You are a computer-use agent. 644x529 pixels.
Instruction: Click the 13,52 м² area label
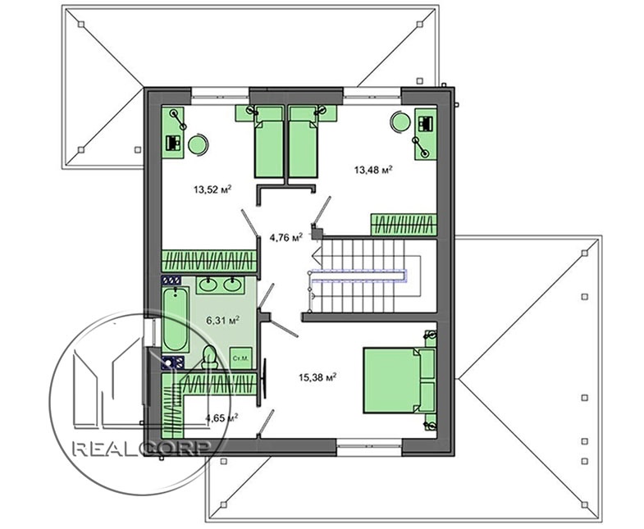[x=212, y=189]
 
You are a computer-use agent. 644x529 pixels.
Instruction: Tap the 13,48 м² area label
[x=373, y=169]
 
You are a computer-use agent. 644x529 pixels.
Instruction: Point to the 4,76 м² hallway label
[x=285, y=237]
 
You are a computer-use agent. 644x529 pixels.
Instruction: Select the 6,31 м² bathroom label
[x=222, y=321]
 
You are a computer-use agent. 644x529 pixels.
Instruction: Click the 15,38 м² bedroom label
[x=317, y=377]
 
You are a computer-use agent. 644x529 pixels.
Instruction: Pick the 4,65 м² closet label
[x=222, y=418]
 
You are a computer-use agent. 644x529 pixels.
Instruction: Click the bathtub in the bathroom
[x=176, y=320]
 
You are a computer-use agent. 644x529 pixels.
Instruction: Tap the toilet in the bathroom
[x=209, y=357]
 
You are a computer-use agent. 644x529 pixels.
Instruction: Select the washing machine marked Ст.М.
[x=240, y=358]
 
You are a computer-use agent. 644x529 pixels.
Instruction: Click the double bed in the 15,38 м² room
[x=400, y=380]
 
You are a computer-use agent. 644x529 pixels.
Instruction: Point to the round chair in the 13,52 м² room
[x=198, y=144]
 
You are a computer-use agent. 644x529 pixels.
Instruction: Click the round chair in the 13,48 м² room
[x=400, y=122]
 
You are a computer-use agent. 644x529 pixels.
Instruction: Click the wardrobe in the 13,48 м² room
[x=404, y=225]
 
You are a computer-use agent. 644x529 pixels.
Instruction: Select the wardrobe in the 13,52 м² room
[x=209, y=261]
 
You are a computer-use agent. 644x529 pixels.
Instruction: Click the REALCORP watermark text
[x=142, y=448]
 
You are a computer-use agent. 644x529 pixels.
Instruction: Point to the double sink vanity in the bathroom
[x=220, y=285]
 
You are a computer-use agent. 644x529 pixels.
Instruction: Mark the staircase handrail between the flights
[x=359, y=276]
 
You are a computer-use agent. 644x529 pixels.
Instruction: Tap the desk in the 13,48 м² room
[x=426, y=134]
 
